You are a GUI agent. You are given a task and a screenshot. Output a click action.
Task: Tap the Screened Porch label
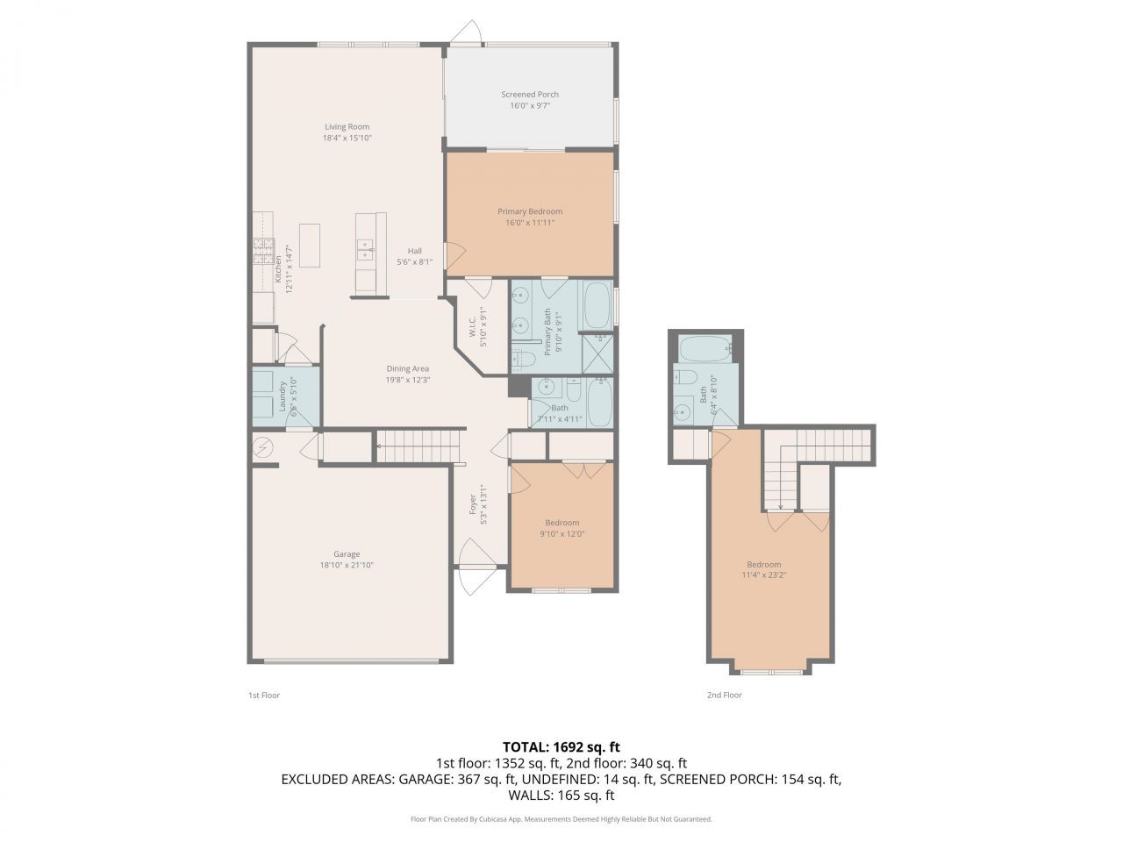530,94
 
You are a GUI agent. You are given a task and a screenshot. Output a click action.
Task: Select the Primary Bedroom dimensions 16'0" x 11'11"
530,223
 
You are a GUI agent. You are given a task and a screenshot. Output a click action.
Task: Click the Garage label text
347,553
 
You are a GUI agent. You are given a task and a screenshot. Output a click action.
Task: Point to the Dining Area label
408,368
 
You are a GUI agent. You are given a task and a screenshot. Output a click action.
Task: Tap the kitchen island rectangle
309,239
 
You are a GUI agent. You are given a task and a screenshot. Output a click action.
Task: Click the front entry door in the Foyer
474,555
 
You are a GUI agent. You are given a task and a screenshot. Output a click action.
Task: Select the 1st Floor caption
263,695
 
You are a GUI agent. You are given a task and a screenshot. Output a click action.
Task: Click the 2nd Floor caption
724,695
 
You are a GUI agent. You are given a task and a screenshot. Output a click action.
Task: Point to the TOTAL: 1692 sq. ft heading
561,747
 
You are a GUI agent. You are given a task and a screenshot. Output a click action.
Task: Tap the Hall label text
415,251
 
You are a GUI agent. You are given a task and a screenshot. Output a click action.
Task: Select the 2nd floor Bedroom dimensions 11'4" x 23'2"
763,575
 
